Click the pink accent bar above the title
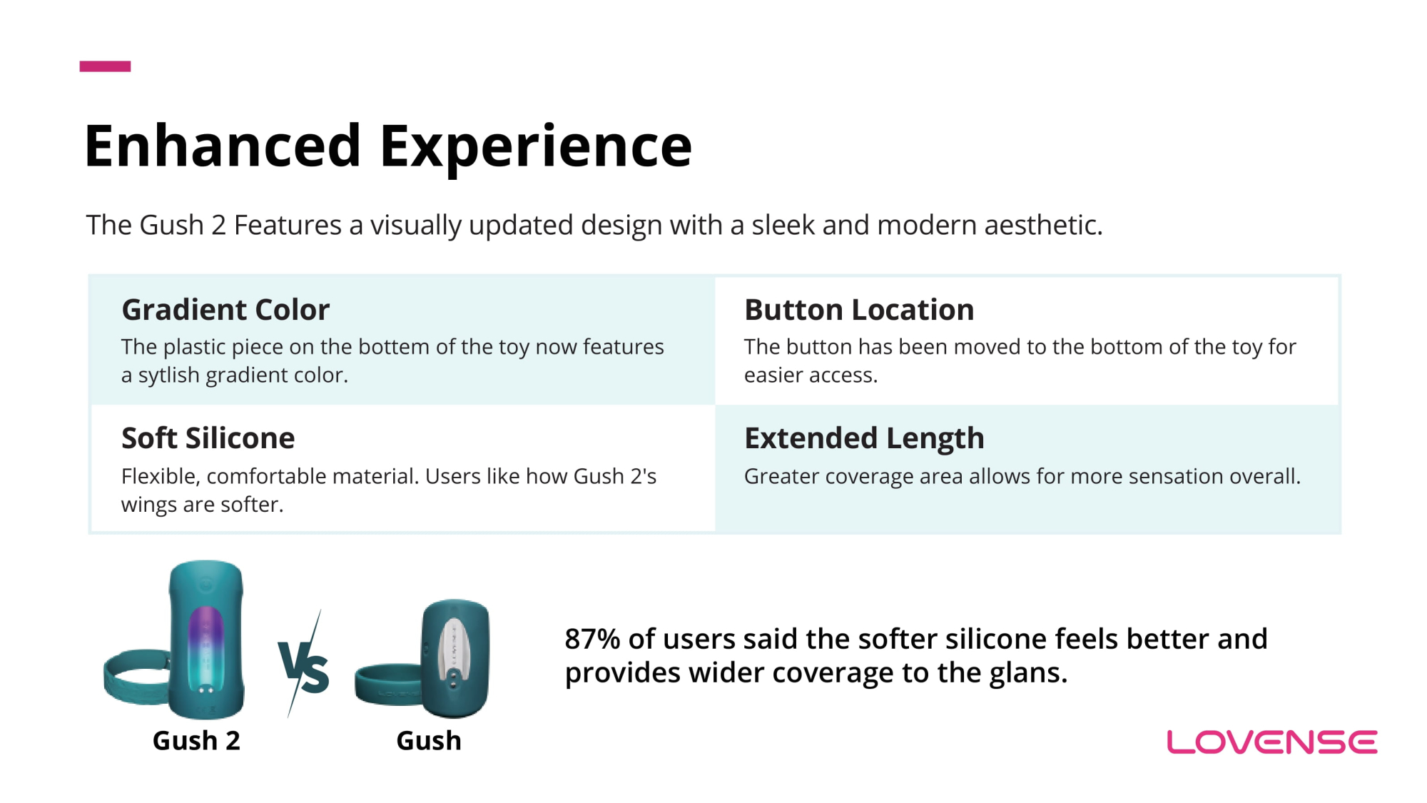105,66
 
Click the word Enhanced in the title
223,146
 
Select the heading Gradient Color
225,310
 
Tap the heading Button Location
859,310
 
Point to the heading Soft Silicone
208,438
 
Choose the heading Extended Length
864,439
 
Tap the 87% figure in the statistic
592,639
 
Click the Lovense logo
1272,742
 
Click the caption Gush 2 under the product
196,741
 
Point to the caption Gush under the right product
429,741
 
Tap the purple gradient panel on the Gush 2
206,646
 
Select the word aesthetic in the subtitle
1043,226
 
